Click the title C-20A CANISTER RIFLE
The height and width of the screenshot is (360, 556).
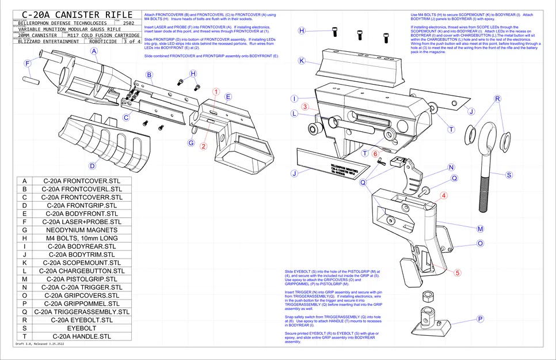point(75,14)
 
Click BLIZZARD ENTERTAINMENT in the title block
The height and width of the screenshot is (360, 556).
point(49,41)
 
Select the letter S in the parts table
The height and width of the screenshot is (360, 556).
point(25,328)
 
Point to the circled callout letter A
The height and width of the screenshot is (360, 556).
point(94,52)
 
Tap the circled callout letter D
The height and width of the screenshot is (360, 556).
point(92,166)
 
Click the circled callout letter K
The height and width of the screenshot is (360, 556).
point(301,60)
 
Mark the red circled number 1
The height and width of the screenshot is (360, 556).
point(216,92)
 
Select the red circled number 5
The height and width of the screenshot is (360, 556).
point(458,272)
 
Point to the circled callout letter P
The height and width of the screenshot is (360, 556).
point(480,319)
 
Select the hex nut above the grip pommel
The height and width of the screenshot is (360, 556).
point(428,297)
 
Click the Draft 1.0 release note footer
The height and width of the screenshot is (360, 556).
point(43,344)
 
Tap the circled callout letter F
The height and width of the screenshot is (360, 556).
point(27,63)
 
